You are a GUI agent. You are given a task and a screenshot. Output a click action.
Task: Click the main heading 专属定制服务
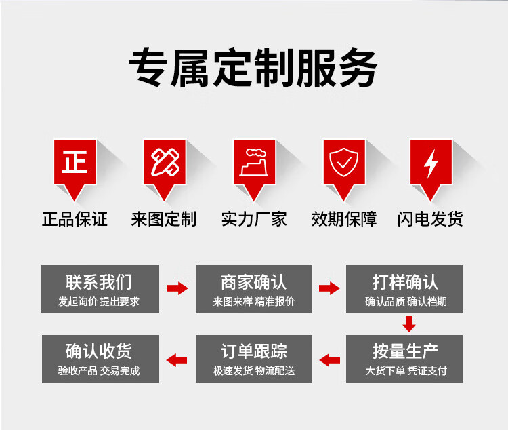[254, 68]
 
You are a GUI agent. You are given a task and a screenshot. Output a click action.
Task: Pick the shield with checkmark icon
[343, 162]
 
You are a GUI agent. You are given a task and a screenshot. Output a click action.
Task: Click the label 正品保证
[75, 219]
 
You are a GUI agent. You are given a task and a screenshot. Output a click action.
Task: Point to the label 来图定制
[164, 219]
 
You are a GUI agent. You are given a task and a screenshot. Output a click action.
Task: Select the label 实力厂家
[254, 219]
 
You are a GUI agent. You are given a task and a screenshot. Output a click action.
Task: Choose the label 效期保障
[344, 219]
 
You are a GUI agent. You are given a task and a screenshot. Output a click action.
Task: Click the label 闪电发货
[430, 219]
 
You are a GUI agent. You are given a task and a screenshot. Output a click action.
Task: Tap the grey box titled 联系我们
[100, 288]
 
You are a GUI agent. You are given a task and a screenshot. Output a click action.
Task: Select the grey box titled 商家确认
[254, 288]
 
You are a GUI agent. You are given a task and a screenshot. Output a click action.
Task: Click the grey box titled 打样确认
[404, 288]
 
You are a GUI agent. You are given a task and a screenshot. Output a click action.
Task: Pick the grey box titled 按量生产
[404, 359]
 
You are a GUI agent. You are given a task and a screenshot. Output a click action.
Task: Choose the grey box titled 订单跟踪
[254, 359]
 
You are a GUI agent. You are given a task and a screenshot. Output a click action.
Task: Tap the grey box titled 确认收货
[100, 359]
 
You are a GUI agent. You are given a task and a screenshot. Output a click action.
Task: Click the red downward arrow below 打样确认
[409, 324]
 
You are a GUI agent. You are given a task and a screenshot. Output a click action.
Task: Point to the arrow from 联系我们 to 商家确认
[177, 288]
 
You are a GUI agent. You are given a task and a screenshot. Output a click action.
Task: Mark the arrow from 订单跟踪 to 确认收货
[177, 360]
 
